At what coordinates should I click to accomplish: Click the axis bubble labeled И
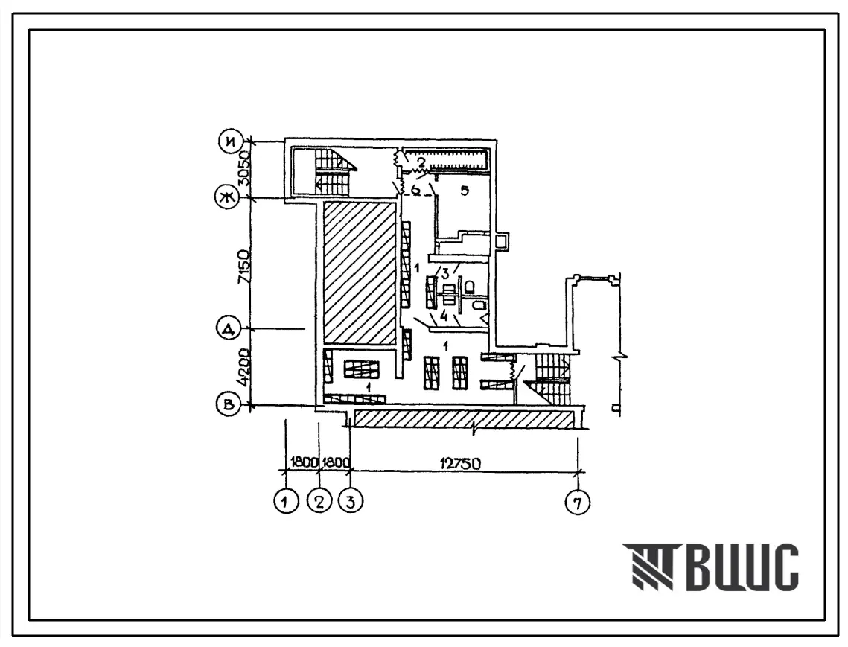click(x=231, y=142)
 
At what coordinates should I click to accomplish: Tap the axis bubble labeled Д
click(x=229, y=329)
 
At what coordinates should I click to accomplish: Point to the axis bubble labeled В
click(x=229, y=405)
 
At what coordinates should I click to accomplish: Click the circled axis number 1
click(x=286, y=502)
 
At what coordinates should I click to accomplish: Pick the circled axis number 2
click(x=319, y=502)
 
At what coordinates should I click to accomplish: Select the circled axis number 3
click(x=351, y=502)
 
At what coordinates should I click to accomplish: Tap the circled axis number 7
click(x=578, y=503)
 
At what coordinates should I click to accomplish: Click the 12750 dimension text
click(x=461, y=464)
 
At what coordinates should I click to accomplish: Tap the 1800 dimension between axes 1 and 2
click(x=304, y=463)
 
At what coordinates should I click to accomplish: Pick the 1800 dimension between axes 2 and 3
click(x=337, y=463)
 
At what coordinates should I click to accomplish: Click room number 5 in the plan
click(x=464, y=191)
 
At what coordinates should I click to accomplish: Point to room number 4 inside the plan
click(x=444, y=316)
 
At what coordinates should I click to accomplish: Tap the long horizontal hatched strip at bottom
click(x=463, y=420)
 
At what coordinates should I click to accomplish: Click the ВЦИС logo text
click(x=710, y=567)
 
